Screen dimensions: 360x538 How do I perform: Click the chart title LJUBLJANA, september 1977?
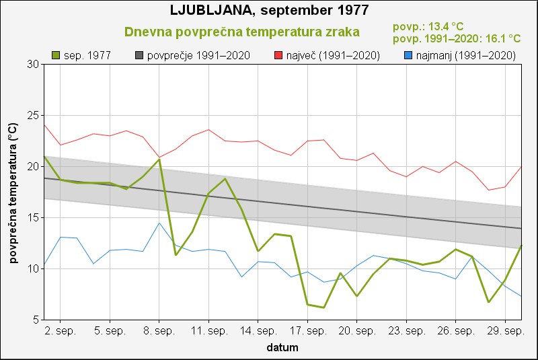tap(269, 11)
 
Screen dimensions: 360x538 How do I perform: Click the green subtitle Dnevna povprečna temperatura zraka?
tap(242, 32)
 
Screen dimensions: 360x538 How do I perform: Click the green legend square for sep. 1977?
tap(56, 55)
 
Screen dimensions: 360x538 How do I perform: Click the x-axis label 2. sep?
tap(61, 332)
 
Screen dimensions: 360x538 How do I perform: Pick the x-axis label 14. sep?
tap(258, 332)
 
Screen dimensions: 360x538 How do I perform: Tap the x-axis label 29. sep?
tap(505, 332)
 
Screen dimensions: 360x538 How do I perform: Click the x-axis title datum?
tap(282, 348)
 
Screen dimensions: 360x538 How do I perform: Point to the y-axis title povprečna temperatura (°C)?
tap(12, 192)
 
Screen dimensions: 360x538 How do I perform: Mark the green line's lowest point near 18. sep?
tap(324, 308)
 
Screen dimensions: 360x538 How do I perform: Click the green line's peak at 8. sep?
tap(159, 159)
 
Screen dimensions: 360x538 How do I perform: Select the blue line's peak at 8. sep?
tap(159, 223)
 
